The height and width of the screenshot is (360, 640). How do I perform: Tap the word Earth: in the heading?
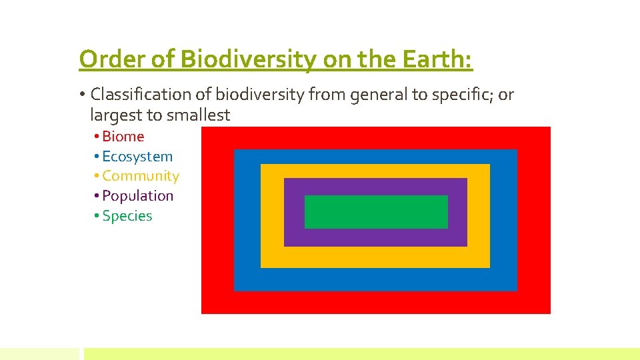click(x=437, y=59)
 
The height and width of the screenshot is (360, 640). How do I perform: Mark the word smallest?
click(x=198, y=115)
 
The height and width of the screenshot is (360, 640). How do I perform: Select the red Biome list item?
click(x=123, y=136)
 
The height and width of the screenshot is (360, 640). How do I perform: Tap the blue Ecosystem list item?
click(x=137, y=156)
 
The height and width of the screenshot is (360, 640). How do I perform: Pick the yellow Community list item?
click(x=140, y=176)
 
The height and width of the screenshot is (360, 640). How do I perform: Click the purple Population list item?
click(x=137, y=196)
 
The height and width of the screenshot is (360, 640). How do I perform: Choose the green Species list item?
click(x=127, y=216)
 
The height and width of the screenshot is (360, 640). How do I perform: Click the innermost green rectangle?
click(x=376, y=212)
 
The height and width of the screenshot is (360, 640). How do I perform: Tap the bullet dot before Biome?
click(x=97, y=137)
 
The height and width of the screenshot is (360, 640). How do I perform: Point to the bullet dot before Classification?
click(x=82, y=95)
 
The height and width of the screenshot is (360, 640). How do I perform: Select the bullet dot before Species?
click(x=97, y=217)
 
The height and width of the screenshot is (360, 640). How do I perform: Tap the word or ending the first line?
click(x=506, y=95)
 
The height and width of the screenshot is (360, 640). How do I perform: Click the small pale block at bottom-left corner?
click(x=39, y=353)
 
